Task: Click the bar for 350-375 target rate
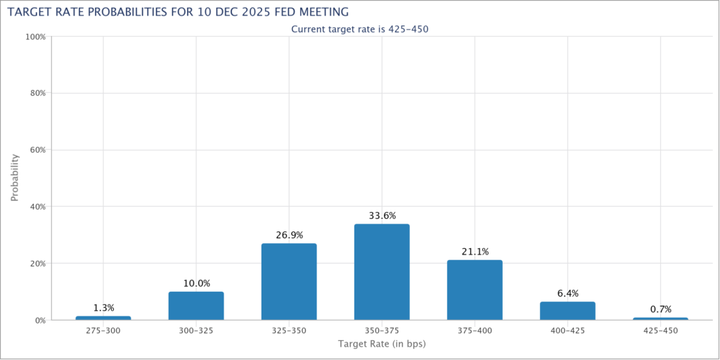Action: [382, 272]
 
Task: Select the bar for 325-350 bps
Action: [289, 282]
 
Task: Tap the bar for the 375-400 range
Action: [475, 290]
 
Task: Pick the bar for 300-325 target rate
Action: [196, 306]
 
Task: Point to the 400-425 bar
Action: [567, 311]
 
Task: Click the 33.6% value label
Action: [382, 215]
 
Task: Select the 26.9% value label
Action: [289, 235]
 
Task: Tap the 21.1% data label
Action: [475, 252]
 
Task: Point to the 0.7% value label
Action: [660, 309]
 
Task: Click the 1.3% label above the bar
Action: [103, 308]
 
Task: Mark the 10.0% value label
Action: [196, 283]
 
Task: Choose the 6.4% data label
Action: [567, 293]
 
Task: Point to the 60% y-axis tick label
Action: [37, 150]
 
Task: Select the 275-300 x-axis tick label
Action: [103, 330]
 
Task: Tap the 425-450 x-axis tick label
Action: [660, 330]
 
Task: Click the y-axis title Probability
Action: [15, 178]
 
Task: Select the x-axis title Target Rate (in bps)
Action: [382, 345]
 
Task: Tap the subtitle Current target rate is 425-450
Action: [359, 29]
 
